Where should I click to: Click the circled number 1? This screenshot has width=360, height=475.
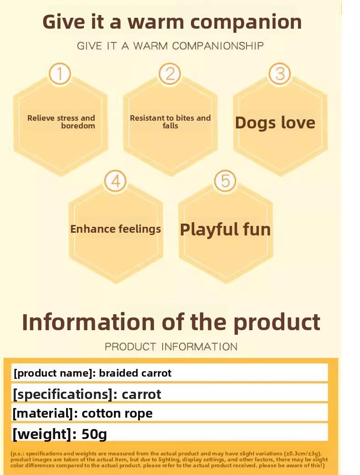click(x=60, y=74)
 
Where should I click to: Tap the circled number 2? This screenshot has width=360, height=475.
click(x=170, y=74)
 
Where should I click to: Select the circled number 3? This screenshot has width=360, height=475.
click(x=280, y=74)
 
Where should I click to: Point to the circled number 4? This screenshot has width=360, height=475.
click(x=115, y=181)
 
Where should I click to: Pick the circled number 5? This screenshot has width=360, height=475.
click(x=225, y=181)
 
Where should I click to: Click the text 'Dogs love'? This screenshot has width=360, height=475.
click(x=275, y=123)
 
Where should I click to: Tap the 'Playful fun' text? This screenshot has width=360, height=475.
click(x=225, y=229)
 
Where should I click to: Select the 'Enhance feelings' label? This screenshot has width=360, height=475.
click(x=115, y=229)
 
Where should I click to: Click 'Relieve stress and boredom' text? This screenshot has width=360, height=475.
click(x=61, y=122)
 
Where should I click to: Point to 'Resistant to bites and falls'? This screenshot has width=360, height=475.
click(x=170, y=122)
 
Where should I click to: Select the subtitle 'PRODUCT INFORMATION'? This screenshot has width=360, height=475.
click(x=171, y=347)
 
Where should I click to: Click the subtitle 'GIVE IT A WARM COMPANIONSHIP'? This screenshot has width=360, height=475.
click(x=170, y=46)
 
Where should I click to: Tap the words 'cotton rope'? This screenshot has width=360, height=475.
click(x=117, y=414)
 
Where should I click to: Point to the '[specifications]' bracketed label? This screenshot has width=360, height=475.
click(x=62, y=393)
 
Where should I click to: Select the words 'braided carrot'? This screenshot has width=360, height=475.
click(x=135, y=373)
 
